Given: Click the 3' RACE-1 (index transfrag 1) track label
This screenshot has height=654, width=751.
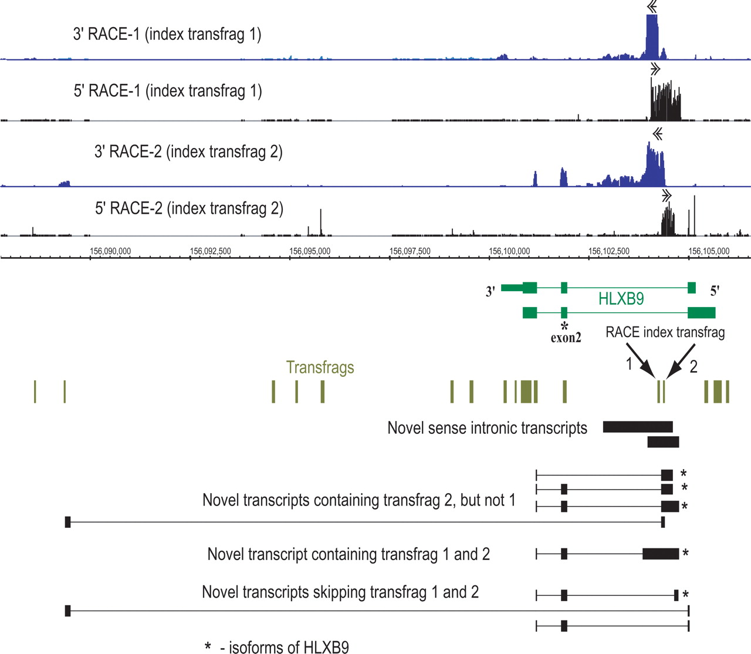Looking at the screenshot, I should [167, 34].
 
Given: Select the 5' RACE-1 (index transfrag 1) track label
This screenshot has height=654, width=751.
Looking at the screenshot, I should [167, 91].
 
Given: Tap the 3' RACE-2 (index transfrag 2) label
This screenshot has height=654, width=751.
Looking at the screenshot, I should [188, 152].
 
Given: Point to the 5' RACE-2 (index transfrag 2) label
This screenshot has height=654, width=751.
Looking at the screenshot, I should [189, 208].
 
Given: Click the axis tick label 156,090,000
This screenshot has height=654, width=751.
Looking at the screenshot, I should [110, 251].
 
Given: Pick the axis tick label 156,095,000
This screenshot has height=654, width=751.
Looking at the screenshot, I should [310, 251].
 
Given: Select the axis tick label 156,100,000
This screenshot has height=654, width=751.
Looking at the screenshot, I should [509, 251].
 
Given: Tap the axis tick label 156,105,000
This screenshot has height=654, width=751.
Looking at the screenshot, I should [709, 251].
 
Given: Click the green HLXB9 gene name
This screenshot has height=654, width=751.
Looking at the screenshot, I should [621, 299].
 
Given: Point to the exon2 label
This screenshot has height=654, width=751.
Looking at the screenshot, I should [566, 338].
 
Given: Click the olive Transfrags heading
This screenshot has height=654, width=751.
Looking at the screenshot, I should [320, 368].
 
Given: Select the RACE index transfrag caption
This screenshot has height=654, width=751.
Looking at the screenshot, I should [665, 332].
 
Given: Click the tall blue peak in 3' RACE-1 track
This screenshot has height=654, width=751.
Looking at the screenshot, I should [652, 36].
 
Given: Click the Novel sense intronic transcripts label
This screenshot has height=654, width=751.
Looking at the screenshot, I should [487, 428].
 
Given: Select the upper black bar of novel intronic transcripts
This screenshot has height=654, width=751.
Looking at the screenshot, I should [637, 427].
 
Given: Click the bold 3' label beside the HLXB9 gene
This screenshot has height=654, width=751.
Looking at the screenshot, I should [490, 291].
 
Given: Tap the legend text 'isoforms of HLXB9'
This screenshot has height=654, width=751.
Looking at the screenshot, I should [284, 647].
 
